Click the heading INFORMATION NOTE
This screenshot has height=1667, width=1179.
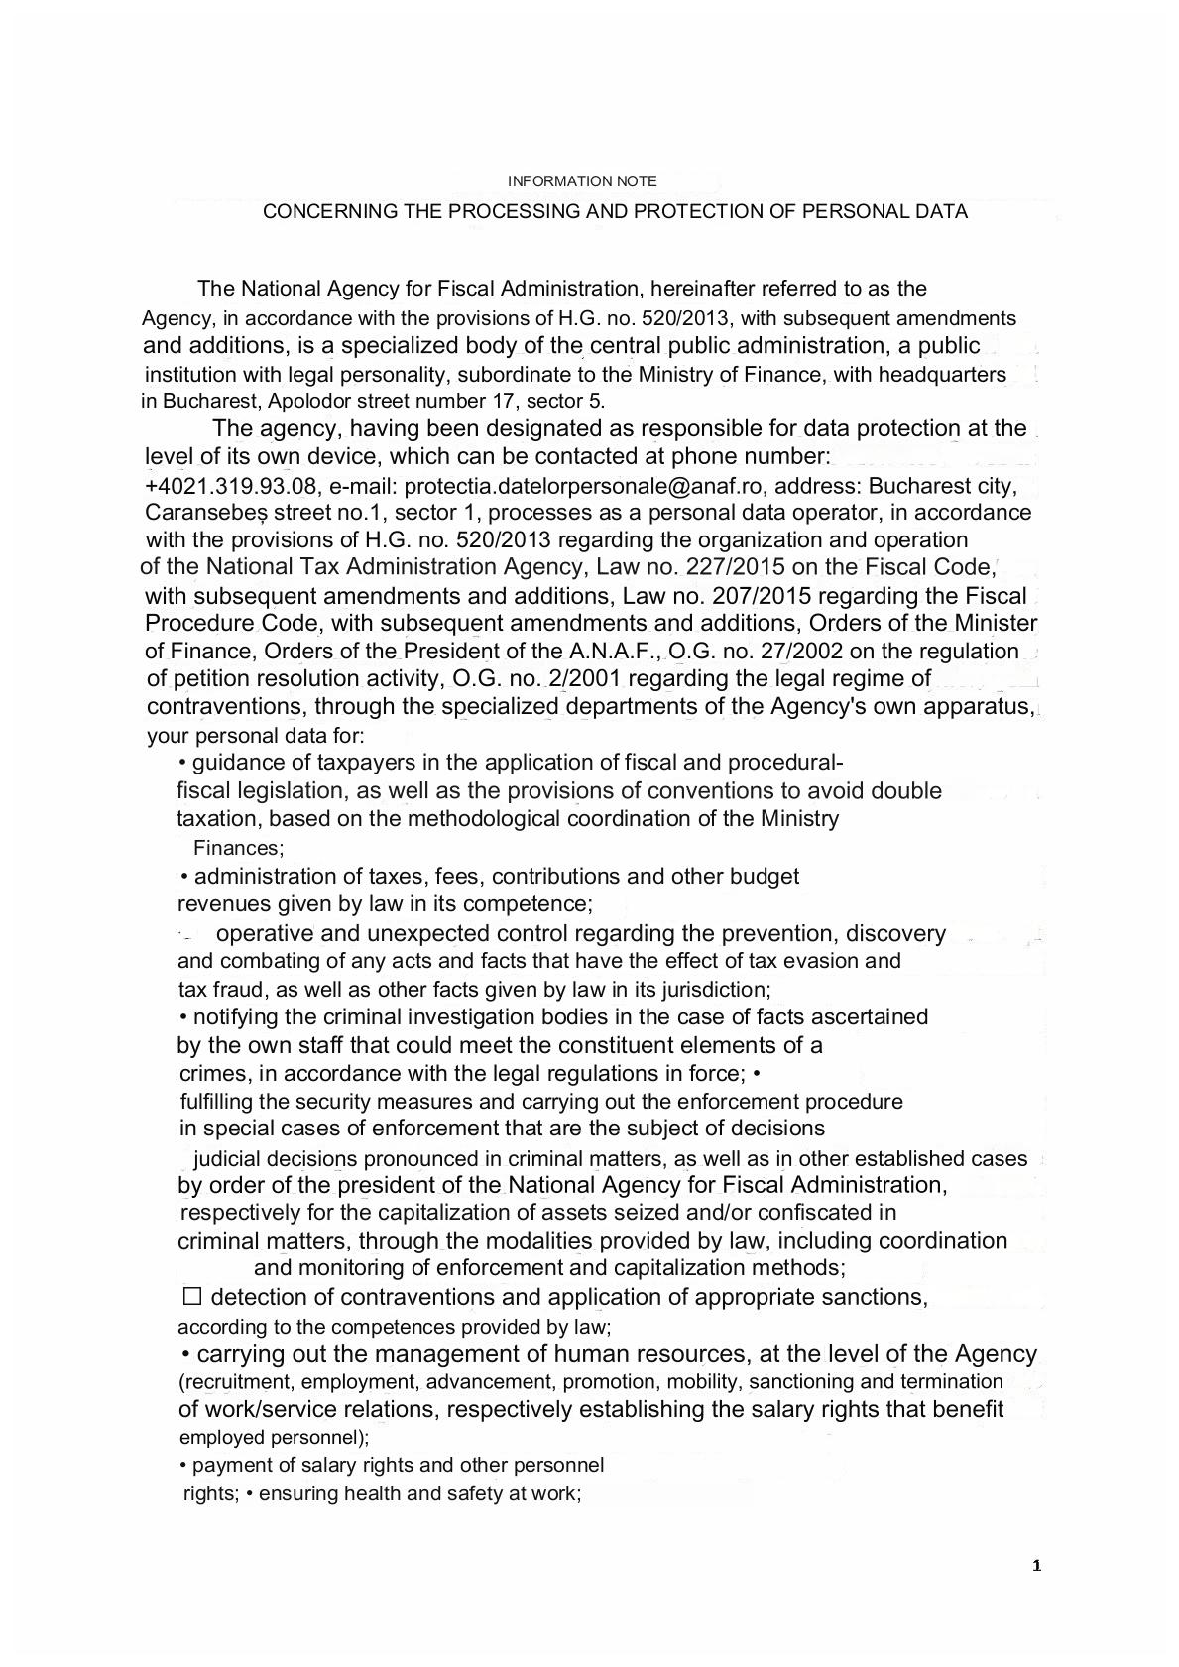click(582, 181)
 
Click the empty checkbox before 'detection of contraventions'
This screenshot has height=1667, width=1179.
click(192, 1296)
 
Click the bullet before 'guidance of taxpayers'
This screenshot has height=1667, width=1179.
click(182, 764)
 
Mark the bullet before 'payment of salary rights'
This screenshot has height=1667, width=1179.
click(184, 1466)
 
